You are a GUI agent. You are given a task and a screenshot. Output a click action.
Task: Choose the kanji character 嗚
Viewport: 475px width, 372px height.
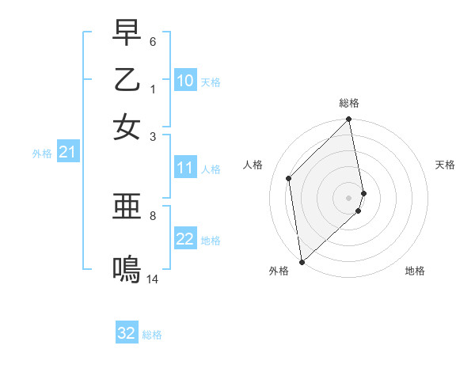(x=127, y=271)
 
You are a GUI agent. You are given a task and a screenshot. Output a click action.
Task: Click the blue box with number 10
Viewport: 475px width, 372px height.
(x=185, y=81)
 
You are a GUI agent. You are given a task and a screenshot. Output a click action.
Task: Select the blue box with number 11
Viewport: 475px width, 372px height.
(x=185, y=168)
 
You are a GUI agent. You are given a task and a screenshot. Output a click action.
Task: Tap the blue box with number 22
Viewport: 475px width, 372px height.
(x=185, y=239)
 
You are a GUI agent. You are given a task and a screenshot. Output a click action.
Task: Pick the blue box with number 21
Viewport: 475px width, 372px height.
(x=67, y=153)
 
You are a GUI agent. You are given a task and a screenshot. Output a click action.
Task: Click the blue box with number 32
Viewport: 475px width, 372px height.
(x=127, y=333)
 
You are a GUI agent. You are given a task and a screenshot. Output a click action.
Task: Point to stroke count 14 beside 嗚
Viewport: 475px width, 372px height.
(x=153, y=279)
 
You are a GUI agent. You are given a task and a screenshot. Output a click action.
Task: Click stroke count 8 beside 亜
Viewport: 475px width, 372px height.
(x=153, y=214)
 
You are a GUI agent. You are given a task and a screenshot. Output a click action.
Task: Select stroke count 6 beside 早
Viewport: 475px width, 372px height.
(x=153, y=40)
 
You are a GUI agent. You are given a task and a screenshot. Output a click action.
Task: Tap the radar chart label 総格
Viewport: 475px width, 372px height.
(x=349, y=103)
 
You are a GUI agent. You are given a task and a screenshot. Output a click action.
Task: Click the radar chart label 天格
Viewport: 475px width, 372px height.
(x=445, y=165)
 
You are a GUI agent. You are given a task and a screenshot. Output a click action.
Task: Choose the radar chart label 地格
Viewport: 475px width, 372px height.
(x=415, y=271)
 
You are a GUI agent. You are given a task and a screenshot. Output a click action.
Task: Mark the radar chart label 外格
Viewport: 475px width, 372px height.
(x=279, y=271)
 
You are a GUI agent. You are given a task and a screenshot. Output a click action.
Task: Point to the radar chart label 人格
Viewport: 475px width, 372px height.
(x=253, y=165)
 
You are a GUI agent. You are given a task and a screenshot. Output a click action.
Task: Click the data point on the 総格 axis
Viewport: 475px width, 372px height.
(x=349, y=120)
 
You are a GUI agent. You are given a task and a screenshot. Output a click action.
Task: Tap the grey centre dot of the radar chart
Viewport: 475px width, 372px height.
(x=349, y=197)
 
